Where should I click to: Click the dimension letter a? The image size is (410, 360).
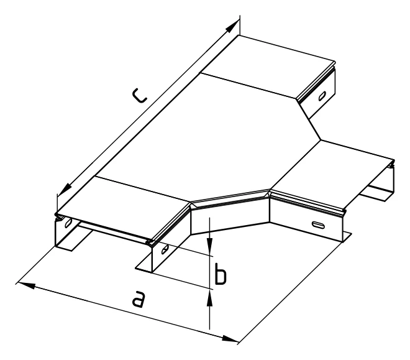point(138,299)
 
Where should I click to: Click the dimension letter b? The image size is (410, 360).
point(220,274)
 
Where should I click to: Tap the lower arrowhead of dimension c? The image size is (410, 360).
point(65,189)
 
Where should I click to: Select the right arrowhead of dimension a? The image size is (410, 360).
point(230,338)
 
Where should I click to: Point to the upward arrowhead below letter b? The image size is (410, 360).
point(209,298)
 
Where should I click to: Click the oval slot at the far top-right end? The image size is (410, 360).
point(322,96)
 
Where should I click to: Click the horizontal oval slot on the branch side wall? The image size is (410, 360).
point(319,224)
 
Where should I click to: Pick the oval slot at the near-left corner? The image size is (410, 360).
point(68,223)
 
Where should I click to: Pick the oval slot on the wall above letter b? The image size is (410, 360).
point(165,249)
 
